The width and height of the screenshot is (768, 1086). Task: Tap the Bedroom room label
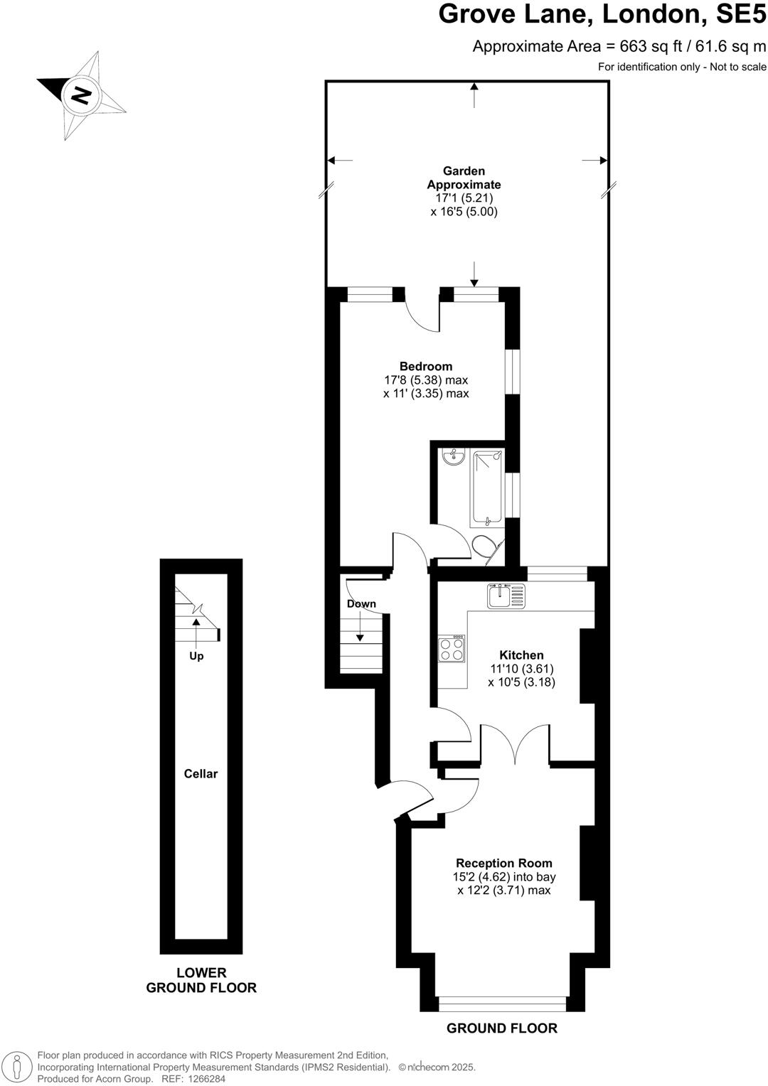(x=425, y=366)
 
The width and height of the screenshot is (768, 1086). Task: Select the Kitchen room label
(x=521, y=655)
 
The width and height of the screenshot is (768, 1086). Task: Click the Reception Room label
(x=503, y=863)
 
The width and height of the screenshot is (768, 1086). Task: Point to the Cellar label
(x=201, y=773)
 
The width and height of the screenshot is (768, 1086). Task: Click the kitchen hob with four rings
(x=452, y=649)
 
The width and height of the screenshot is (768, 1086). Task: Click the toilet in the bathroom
(x=483, y=547)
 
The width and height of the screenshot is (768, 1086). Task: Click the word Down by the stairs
(x=361, y=603)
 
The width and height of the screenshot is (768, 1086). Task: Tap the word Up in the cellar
(x=196, y=655)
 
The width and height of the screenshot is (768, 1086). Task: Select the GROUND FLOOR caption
(x=501, y=1028)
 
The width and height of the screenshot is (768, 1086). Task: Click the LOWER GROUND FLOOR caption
(x=201, y=980)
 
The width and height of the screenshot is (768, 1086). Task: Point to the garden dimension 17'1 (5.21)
(x=464, y=198)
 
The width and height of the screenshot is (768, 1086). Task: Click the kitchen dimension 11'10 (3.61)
(x=521, y=668)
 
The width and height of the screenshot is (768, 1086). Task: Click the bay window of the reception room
(x=502, y=1004)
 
